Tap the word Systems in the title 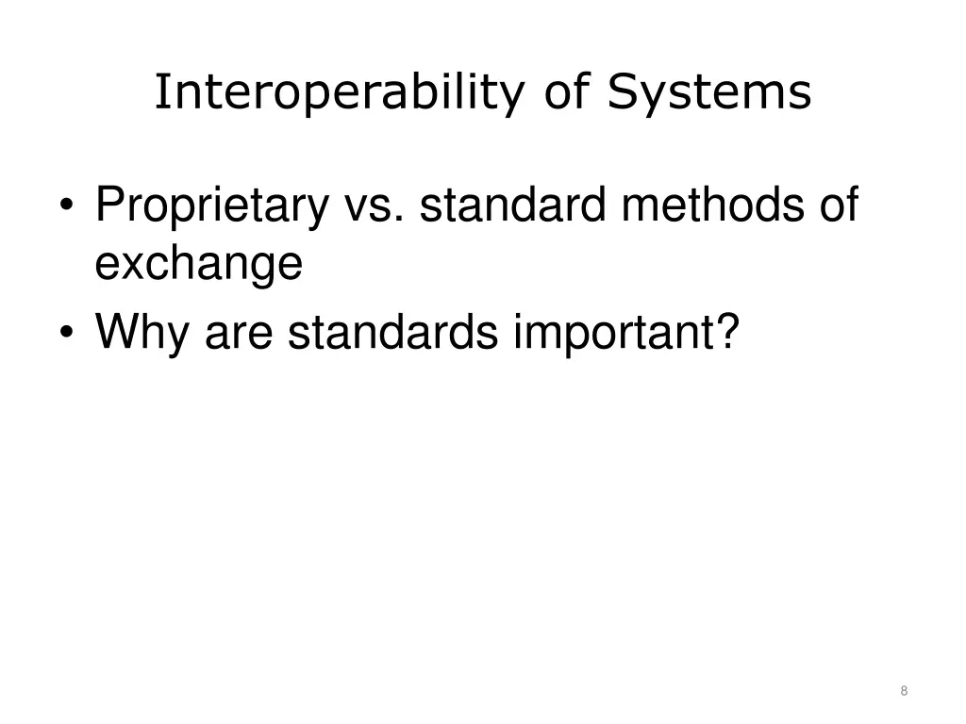pyautogui.click(x=708, y=93)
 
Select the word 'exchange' pyautogui.click(x=198, y=264)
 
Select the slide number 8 pyautogui.click(x=904, y=691)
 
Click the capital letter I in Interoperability pyautogui.click(x=160, y=93)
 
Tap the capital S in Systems pyautogui.click(x=621, y=93)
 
